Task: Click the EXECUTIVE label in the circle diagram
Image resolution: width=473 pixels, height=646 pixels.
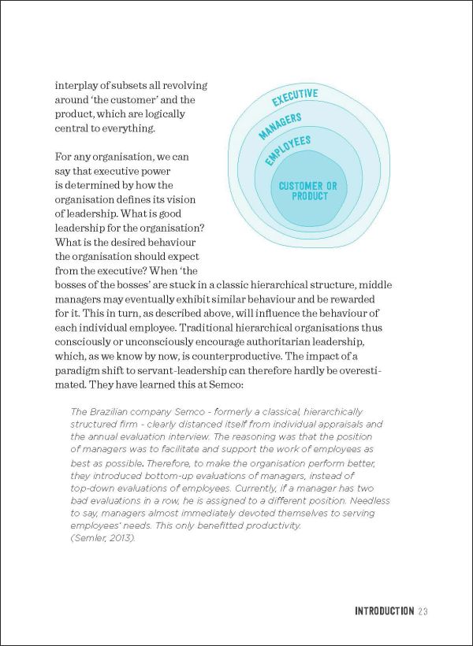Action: (295, 98)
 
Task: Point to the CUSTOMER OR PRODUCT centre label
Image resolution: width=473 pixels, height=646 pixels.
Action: (308, 191)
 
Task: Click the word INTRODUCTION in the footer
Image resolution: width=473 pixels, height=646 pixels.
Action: (384, 611)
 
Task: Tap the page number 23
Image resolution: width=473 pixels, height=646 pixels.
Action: (423, 611)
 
